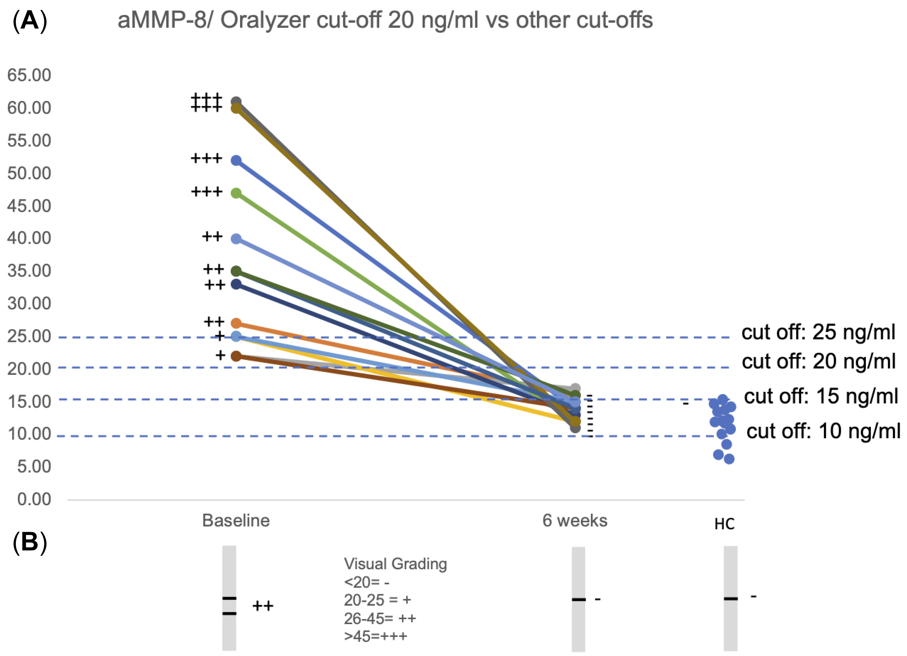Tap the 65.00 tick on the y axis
coord(29,75)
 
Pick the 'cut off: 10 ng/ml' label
coord(823,431)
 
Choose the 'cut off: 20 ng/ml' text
coord(818,361)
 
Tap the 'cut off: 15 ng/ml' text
coord(821,396)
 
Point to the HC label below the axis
coord(724,524)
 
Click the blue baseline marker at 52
coord(236,161)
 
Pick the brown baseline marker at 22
coord(236,356)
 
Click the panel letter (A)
coord(30,21)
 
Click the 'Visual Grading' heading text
coord(395,564)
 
